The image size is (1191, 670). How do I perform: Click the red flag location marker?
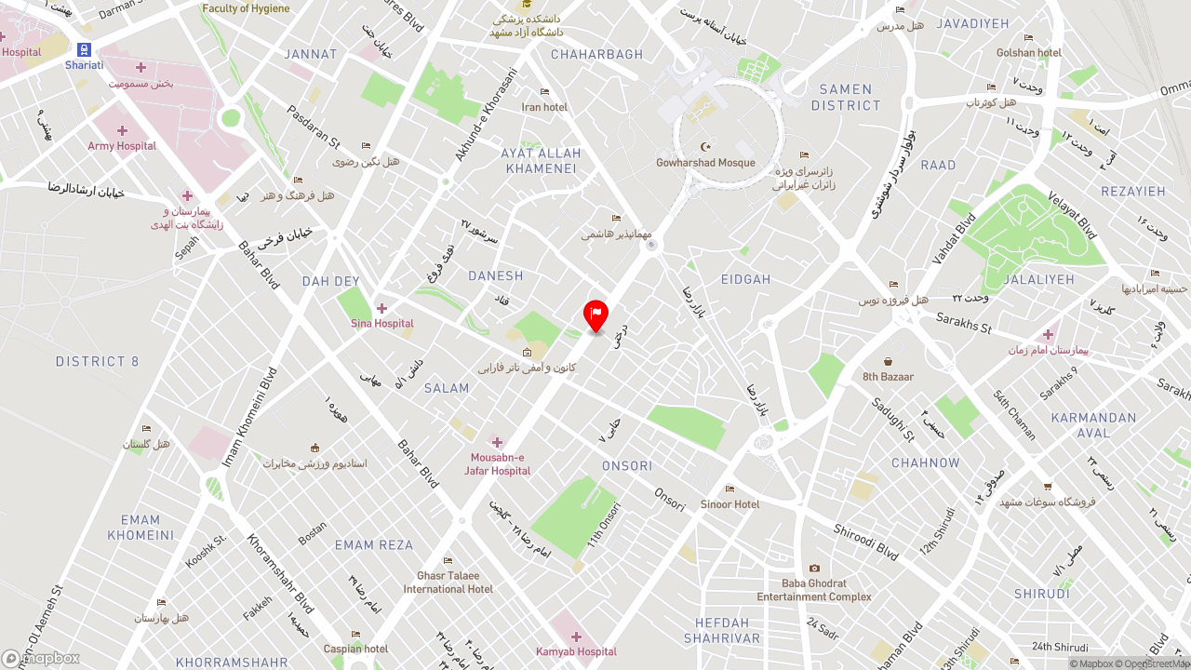(x=595, y=315)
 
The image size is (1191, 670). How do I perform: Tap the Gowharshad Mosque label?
(x=705, y=163)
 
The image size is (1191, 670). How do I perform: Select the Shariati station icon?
(x=85, y=50)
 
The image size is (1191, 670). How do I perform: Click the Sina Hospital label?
(x=382, y=323)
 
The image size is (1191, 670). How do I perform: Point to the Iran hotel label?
(x=544, y=107)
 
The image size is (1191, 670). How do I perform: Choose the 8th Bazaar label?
(x=888, y=377)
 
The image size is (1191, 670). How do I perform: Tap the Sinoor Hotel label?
(x=729, y=504)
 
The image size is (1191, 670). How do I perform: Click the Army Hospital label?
(x=122, y=146)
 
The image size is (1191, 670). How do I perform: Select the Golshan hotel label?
(x=1028, y=53)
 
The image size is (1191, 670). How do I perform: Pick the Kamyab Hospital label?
(x=576, y=651)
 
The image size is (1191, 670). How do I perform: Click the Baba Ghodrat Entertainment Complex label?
(x=814, y=590)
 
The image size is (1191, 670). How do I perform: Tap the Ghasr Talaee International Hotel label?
(x=448, y=583)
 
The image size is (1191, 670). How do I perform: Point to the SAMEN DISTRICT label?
(x=846, y=98)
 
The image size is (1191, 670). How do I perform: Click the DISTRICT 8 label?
(x=97, y=361)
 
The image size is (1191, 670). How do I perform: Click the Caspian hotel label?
(x=355, y=649)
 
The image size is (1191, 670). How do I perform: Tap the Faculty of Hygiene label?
(x=246, y=8)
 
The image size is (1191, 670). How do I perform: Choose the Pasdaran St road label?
(x=314, y=127)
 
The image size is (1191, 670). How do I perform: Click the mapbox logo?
(x=41, y=658)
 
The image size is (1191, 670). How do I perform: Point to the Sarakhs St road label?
(x=964, y=323)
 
